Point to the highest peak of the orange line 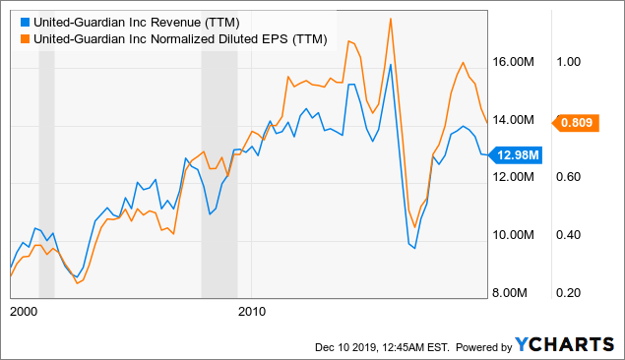pos(391,19)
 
